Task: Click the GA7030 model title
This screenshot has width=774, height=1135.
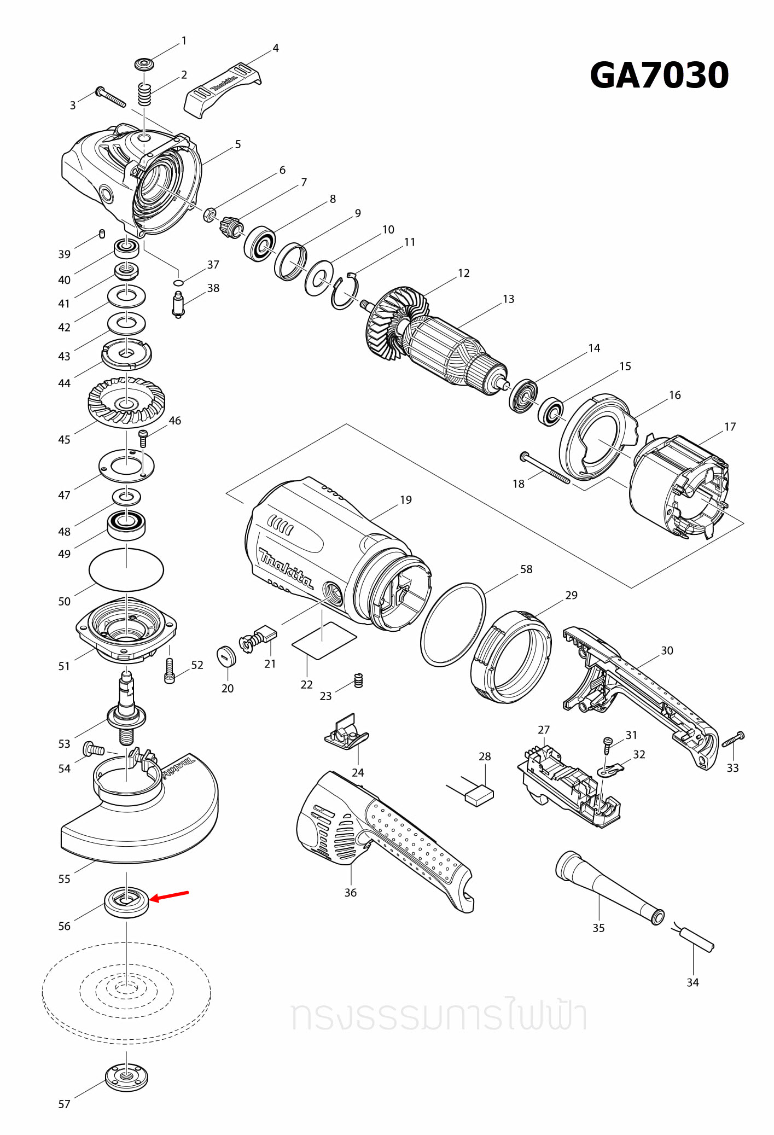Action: pos(659,75)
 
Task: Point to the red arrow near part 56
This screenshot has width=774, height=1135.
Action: pos(169,896)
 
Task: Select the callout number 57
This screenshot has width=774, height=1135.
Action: pos(64,1104)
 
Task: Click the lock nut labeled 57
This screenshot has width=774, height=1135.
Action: pos(126,1076)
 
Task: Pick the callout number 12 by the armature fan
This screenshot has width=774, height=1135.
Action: pos(463,273)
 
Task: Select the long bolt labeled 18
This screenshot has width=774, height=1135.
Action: pos(544,468)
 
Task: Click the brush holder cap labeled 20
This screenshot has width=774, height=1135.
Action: pos(226,656)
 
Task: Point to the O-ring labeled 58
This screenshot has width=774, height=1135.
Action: pos(453,624)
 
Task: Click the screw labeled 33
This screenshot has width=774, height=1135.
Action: pos(734,739)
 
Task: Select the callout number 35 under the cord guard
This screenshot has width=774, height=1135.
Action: pos(598,928)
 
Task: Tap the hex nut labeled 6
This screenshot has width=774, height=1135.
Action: pos(208,214)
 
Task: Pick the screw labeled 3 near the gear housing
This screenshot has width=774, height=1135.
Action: pos(110,97)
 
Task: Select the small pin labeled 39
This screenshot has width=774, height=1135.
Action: pos(102,234)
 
